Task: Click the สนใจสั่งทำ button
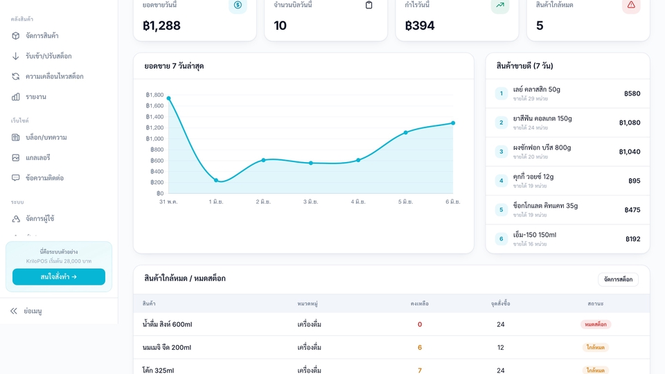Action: (58, 276)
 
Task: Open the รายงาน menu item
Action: (35, 97)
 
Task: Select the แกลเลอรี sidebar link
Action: (37, 158)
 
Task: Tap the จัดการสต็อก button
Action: (618, 279)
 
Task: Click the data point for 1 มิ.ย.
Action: (216, 180)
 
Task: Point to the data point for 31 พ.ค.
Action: (169, 98)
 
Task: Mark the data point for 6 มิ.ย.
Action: (453, 123)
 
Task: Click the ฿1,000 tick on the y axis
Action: (154, 139)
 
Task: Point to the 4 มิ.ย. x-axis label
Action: (358, 202)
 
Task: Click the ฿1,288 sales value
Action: (161, 26)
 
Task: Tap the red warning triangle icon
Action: (631, 5)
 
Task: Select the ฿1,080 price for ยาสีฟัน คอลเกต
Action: (630, 123)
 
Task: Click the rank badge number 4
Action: (502, 181)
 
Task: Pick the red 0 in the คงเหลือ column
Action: (420, 324)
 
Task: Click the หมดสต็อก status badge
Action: (596, 324)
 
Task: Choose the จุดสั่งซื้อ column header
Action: (500, 303)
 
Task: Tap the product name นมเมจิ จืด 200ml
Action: (167, 347)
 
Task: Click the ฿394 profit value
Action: (420, 26)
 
